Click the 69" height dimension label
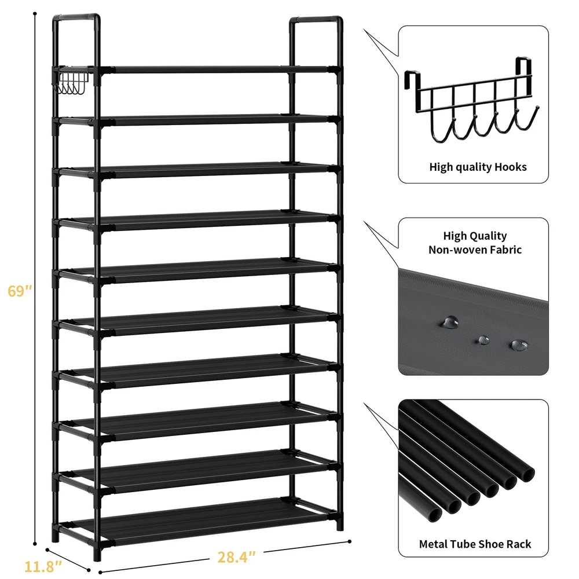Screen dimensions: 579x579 20,291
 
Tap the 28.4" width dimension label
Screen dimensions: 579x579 236,557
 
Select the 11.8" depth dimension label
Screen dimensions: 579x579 43,566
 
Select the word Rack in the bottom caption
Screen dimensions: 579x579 519,544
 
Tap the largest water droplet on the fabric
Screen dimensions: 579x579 450,322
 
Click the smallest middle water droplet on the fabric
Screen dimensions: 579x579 483,340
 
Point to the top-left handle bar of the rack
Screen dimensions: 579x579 76,17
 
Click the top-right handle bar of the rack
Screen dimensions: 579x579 316,19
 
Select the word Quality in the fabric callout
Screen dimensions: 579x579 489,236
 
